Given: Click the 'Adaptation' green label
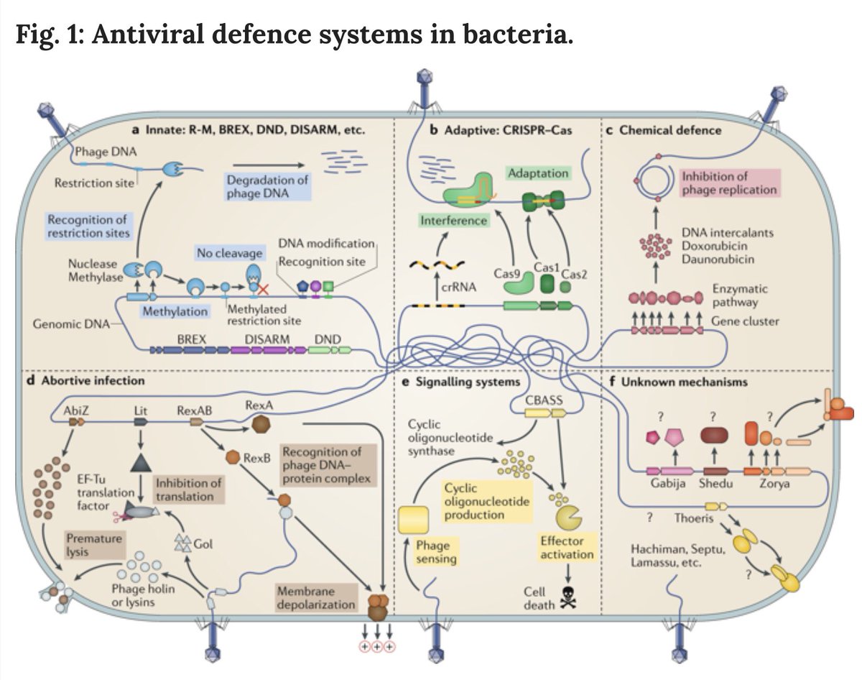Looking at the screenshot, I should [x=538, y=173].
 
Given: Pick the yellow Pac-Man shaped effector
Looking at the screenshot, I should [x=567, y=516].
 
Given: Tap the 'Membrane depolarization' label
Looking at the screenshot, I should [x=315, y=597].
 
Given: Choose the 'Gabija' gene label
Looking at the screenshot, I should [x=669, y=484].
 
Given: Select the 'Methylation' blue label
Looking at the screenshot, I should [x=175, y=312].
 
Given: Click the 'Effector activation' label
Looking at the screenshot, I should [x=567, y=548].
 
